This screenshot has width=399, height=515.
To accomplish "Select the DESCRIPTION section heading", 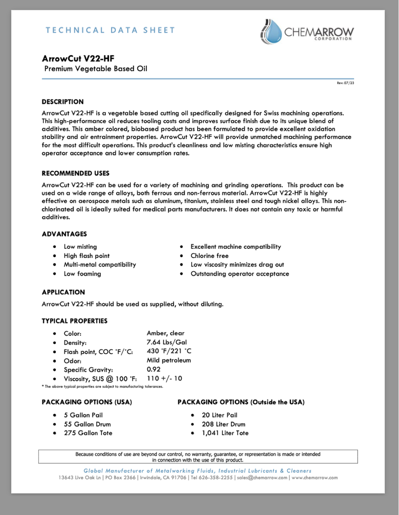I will coord(63,102).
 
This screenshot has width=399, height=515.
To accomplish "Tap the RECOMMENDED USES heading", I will coord(75,173).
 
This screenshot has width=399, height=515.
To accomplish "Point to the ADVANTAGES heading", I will coord(64,234).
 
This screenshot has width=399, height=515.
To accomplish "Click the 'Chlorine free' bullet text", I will coord(209,255).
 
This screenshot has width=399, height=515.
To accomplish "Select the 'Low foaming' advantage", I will coord(82,274).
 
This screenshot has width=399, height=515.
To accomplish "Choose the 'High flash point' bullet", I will coord(87,255).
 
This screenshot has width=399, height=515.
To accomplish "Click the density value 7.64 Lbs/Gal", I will coord(167,342).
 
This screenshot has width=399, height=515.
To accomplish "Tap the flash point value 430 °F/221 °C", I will coord(169,351).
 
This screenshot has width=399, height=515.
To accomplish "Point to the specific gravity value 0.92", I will coord(153,369).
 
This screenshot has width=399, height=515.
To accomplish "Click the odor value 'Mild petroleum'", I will coord(169,360).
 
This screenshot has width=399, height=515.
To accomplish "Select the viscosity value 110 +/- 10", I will coord(165,378).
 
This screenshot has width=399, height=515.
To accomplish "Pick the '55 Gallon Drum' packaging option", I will coord(87,424).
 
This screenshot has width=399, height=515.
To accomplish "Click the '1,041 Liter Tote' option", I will coord(225,433).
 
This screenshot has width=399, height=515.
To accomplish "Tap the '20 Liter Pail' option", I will coord(219,415).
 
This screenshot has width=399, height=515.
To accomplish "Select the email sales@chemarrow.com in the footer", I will coord(262,477).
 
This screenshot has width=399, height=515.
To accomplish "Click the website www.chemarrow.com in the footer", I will coord(314,477).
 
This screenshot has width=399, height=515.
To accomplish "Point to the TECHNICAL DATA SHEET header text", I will coord(110,30).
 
